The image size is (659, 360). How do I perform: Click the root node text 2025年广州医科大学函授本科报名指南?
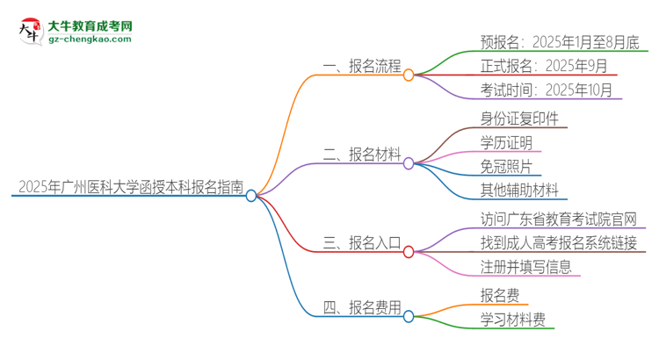128,186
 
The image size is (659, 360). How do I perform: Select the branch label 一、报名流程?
363,66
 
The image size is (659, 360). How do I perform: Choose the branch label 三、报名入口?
363,242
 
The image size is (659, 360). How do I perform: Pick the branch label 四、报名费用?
363,307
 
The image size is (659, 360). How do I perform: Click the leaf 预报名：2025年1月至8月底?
547,40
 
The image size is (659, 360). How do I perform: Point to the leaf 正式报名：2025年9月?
531,65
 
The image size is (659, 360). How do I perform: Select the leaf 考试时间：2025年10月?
534,90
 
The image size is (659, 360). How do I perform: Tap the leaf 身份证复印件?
519,118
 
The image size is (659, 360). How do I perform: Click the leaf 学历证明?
505,142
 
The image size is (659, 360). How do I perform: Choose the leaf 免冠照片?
505,166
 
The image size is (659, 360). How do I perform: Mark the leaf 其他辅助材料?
518,190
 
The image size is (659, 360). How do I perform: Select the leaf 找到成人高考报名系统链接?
559,242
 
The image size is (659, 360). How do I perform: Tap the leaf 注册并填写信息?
525,266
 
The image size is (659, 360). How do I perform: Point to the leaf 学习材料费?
512,320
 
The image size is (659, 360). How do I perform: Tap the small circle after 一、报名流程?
409,76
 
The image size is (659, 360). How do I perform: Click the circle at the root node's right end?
251,196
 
